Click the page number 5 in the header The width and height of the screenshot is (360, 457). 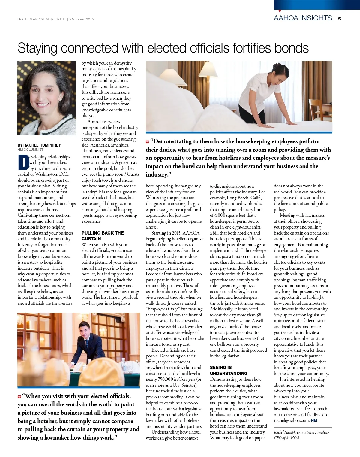click(339, 19)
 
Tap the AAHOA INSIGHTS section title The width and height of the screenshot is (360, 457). click(303, 18)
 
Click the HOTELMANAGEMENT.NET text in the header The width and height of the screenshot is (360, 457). click(41, 19)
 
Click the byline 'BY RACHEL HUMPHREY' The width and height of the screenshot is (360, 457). click(39, 145)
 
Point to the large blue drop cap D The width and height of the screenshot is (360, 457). click(23, 162)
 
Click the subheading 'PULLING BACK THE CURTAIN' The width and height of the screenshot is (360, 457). click(103, 236)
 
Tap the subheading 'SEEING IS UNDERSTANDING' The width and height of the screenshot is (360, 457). click(229, 370)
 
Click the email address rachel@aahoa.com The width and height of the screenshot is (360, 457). click(291, 420)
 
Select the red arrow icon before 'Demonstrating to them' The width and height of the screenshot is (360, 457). click(148, 141)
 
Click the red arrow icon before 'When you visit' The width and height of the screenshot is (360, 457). click(19, 397)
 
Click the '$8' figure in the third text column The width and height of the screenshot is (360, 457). click(259, 315)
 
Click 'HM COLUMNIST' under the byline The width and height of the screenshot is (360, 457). click(30, 150)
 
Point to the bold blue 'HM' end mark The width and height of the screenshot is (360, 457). click(314, 420)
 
